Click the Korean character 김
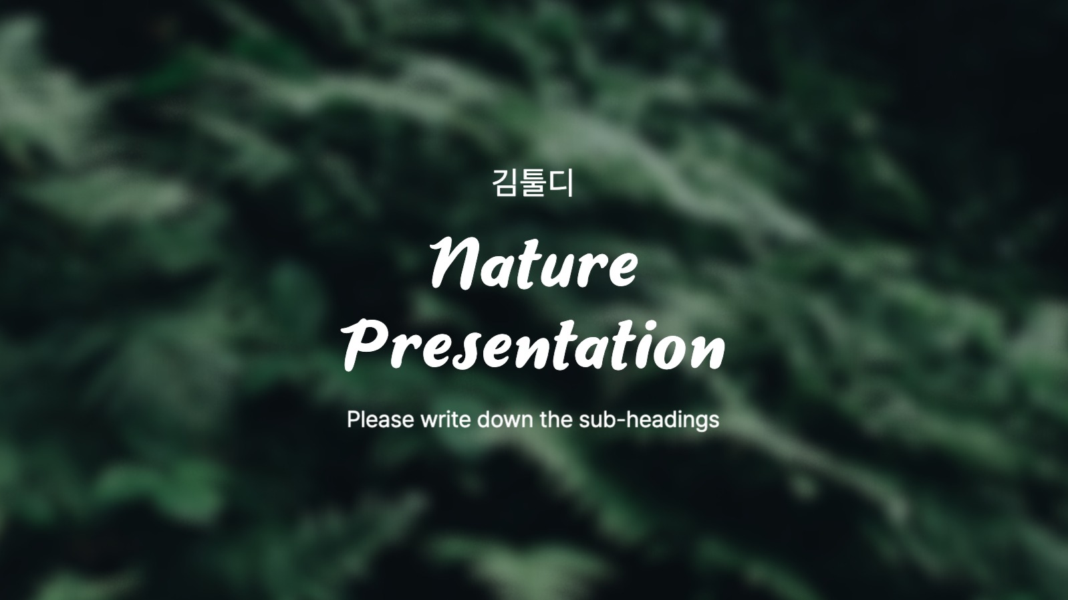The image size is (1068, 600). (x=505, y=183)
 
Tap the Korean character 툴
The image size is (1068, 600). (x=533, y=183)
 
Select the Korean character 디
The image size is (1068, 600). (x=560, y=183)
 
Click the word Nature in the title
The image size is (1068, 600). (x=533, y=265)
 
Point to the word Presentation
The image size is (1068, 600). (x=533, y=346)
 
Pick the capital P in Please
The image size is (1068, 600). (x=353, y=420)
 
